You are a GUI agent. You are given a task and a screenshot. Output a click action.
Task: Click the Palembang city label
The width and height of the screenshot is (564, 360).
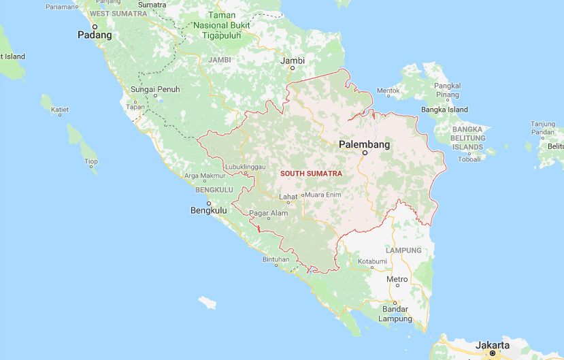[365, 144]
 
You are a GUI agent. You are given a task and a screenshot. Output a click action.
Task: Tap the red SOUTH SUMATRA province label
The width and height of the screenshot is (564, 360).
[311, 174]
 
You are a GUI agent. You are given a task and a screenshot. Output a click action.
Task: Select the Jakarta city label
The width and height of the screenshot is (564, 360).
[492, 345]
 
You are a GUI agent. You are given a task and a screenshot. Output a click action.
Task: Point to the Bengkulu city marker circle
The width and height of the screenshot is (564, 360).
[209, 203]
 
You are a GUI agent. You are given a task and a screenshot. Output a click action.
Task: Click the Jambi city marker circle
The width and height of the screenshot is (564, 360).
[293, 68]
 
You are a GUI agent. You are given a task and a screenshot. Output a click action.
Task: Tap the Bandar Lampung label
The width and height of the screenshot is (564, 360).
[395, 314]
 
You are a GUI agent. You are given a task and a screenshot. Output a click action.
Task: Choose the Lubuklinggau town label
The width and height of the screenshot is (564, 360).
[244, 167]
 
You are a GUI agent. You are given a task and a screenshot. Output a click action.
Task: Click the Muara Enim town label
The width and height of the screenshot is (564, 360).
[324, 195]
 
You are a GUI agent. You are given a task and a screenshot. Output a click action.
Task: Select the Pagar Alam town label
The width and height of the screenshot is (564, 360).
[268, 213]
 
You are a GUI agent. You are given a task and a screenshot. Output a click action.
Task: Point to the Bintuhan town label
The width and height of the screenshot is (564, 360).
[276, 259]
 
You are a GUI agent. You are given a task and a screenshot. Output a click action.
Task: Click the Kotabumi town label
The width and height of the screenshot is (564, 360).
[372, 261]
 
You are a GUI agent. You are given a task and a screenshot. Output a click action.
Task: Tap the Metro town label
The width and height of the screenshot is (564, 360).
[397, 279]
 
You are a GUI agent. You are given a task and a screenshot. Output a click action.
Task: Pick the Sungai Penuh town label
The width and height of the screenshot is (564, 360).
[154, 89]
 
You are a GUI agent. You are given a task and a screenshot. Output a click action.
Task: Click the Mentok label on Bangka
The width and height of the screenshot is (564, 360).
[388, 90]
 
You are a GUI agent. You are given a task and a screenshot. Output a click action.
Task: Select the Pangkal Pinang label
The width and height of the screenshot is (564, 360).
[448, 90]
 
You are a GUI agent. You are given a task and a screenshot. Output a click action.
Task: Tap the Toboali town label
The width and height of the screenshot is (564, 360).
[469, 159]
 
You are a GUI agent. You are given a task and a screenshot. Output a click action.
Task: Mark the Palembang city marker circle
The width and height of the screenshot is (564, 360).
[365, 153]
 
